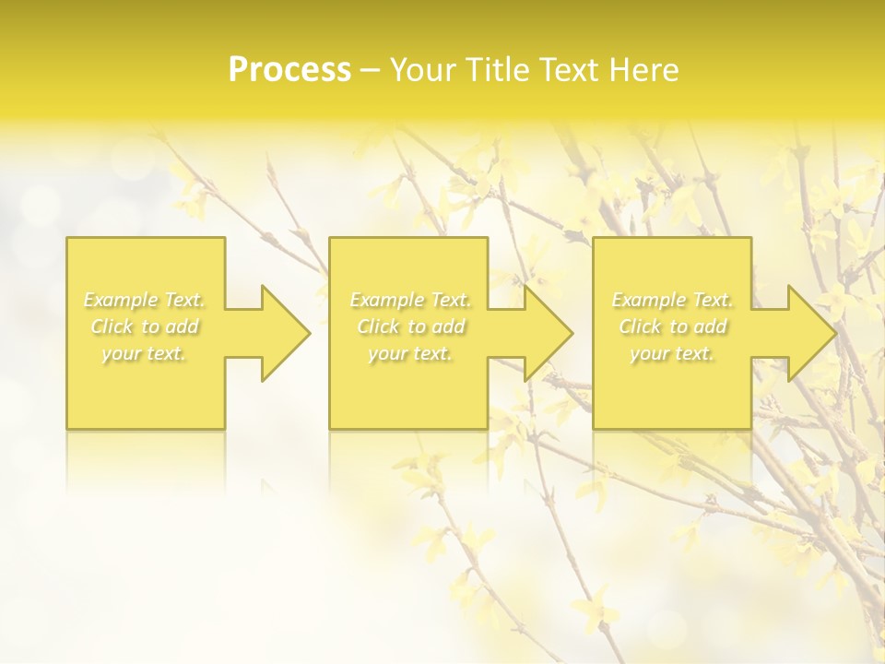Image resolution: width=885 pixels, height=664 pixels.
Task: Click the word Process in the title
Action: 289,70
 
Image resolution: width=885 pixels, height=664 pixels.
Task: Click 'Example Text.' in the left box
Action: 145,300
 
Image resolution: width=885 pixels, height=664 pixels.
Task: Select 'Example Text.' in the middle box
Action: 410,300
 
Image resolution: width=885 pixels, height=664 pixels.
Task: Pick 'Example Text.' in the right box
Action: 672,300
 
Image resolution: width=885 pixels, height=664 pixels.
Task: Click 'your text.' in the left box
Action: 145,353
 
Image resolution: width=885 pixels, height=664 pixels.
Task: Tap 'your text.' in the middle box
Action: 410,353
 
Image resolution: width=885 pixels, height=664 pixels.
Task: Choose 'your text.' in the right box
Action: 672,353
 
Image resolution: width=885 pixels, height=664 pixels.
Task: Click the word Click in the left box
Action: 112,326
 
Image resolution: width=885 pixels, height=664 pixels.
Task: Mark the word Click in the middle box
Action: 378,326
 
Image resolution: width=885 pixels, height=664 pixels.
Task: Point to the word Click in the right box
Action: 640,326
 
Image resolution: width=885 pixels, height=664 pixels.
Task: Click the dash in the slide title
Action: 371,71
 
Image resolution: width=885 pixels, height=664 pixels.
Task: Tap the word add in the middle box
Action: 448,326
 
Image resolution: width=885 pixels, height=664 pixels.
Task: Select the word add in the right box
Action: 710,326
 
